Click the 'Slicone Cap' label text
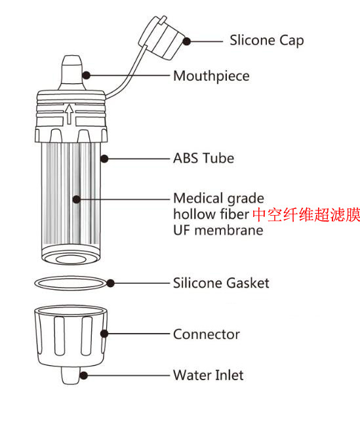266,41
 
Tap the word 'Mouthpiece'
211,76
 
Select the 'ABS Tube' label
203,159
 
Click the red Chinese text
306,214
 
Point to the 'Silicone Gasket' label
221,283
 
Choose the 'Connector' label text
206,334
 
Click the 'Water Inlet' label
208,376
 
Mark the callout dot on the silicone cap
186,41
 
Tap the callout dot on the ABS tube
103,158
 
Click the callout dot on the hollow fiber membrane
77,198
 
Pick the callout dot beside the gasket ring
111,283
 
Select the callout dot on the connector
103,334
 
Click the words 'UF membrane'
218,231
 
